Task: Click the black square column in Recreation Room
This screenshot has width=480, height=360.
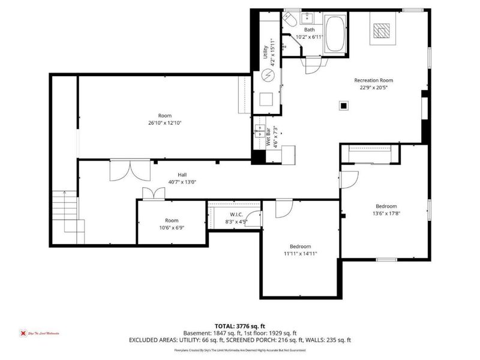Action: tap(344, 106)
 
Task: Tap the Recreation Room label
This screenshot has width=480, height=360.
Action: tap(373, 80)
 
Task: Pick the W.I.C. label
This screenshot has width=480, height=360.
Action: tap(236, 215)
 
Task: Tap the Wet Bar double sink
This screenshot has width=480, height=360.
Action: tap(262, 130)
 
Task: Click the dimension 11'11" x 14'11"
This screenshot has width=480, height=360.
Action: tap(300, 253)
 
